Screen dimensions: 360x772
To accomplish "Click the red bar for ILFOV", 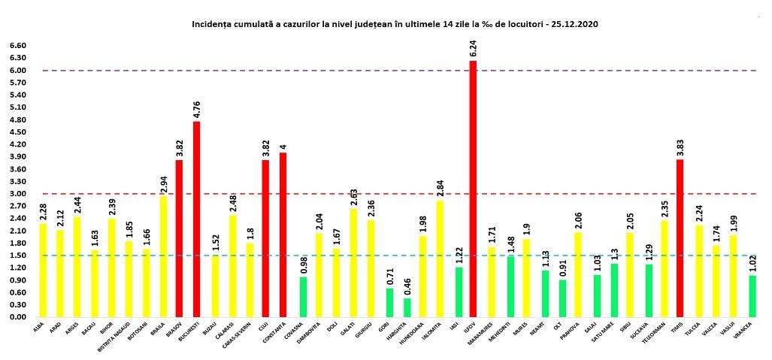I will (473, 189).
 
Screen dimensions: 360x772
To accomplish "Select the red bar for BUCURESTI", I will (196, 219).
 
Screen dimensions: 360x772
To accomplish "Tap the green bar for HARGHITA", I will (407, 307).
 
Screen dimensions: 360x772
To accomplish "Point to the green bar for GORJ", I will (390, 302).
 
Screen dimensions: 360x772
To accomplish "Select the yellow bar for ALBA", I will (43, 270).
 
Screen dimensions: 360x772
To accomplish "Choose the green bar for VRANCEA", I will (752, 296).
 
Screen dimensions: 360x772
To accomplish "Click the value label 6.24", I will (473, 49).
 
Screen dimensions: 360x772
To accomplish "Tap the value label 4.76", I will (196, 110).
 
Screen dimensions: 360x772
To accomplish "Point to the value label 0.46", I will (407, 286).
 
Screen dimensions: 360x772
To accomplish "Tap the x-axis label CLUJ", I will (265, 326).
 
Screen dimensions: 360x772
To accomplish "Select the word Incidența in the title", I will (213, 24).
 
